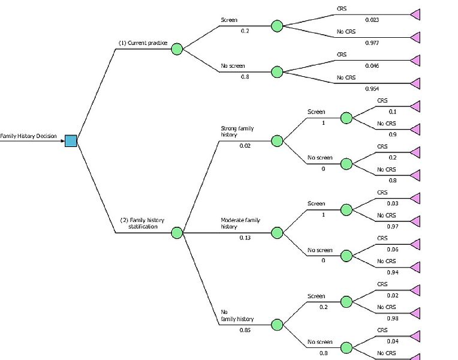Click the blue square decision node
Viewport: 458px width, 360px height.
pos(71,140)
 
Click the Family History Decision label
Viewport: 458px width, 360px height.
pos(28,136)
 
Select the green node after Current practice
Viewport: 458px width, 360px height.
pos(177,49)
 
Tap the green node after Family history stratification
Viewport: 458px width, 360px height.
pos(177,233)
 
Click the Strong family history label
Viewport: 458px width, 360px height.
pos(237,131)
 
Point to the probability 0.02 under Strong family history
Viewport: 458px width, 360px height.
pos(245,146)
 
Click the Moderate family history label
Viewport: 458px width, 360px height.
pos(240,223)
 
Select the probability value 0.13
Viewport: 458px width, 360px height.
pos(245,238)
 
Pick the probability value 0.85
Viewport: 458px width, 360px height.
pos(245,330)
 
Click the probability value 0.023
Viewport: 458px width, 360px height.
pos(372,20)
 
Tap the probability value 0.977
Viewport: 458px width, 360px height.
pos(372,43)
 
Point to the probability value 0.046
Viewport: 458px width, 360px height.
pos(372,66)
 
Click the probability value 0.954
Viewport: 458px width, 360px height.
pos(372,89)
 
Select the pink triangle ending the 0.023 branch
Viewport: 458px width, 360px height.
pos(416,14)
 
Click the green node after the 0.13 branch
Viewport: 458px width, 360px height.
pos(277,233)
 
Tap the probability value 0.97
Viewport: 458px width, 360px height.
pos(393,226)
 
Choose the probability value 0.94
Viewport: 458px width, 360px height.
pos(393,272)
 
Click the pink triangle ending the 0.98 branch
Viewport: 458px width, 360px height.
pos(416,313)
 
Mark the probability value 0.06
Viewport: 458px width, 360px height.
pos(393,250)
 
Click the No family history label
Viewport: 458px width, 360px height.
pos(237,315)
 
